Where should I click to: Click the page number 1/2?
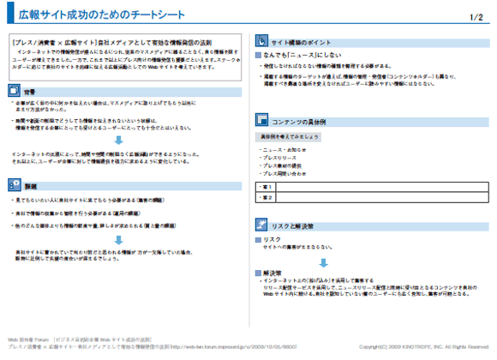[477, 15]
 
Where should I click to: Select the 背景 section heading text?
[29, 90]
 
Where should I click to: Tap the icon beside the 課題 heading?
[13, 183]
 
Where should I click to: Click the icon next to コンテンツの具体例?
[263, 121]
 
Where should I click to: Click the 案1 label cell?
[266, 186]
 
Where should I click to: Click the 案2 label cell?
[266, 197]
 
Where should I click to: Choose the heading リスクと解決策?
[296, 225]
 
